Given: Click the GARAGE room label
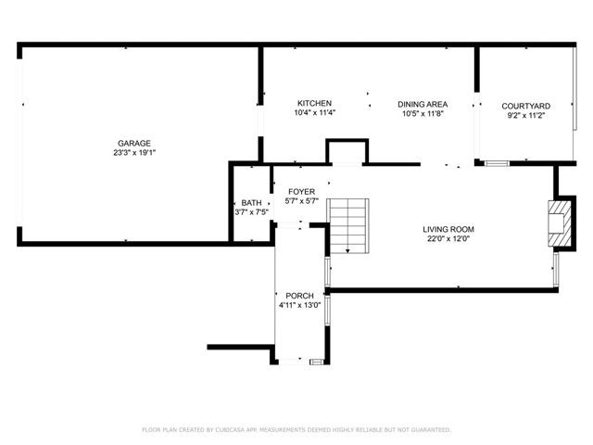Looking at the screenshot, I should [x=133, y=144].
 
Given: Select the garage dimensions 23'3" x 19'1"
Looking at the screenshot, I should [x=133, y=154].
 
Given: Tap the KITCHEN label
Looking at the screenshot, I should [x=314, y=103].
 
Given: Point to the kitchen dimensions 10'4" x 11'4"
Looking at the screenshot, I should [x=314, y=113].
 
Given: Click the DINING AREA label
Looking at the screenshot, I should [x=423, y=104].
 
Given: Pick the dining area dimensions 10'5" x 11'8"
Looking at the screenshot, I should [x=423, y=114].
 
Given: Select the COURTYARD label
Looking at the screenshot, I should [x=526, y=107].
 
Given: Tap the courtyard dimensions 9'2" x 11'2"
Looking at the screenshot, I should [x=526, y=117].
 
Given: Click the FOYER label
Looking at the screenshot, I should [x=301, y=191].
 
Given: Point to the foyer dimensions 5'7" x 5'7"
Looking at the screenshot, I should [x=301, y=201].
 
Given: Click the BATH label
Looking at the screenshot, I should [x=251, y=203].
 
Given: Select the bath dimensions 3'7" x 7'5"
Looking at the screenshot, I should [x=251, y=212].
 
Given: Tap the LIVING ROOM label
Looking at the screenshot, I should [x=448, y=229].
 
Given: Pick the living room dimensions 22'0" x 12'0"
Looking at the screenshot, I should [x=448, y=239].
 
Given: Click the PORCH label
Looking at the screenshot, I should [x=299, y=295].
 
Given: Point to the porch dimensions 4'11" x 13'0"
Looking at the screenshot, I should [x=299, y=305].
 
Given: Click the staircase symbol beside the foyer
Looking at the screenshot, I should [x=349, y=225].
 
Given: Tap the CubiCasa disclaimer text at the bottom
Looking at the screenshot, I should [x=296, y=430].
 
